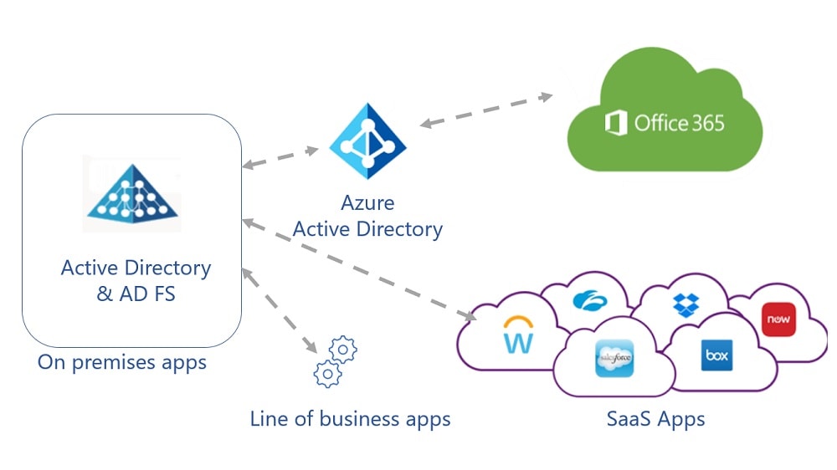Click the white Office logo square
coord(616,124)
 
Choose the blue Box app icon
coord(716,355)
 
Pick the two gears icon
coord(333,361)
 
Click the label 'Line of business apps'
coord(350,418)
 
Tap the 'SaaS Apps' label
coord(655,418)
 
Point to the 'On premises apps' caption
coord(122,363)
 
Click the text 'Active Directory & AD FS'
coord(136,280)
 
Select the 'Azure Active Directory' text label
coord(368,216)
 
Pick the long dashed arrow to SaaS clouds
coord(359,269)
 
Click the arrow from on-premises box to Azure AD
coord(280,159)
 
